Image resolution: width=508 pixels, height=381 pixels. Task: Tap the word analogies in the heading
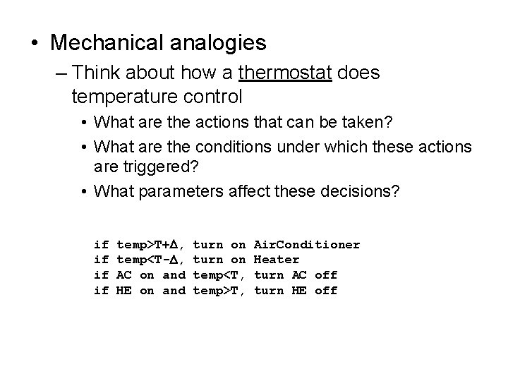pos(222,44)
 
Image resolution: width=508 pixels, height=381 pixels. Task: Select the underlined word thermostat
pos(286,73)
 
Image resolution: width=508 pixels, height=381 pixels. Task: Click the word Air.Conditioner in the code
pos(306,244)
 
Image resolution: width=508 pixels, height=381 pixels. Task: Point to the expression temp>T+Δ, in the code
pos(150,244)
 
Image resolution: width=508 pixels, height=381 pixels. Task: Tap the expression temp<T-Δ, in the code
pos(150,260)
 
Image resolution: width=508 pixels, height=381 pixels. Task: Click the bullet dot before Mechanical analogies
pos(35,44)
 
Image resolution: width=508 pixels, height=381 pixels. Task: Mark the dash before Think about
pos(61,73)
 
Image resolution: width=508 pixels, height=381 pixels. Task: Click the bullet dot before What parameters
pos(83,191)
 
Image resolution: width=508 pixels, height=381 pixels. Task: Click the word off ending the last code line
pos(326,291)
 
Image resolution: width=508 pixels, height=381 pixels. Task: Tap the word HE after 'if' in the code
pos(123,291)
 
